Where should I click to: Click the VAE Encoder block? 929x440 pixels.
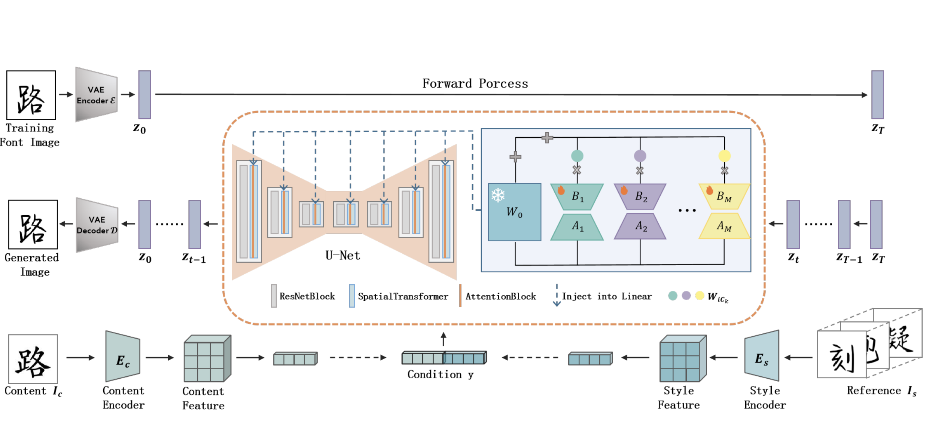tap(96, 95)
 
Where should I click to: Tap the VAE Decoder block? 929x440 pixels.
tap(97, 225)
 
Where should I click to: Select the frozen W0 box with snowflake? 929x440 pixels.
tap(514, 212)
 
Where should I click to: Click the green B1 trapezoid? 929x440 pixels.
tap(577, 196)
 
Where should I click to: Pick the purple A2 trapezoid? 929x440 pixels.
tap(640, 226)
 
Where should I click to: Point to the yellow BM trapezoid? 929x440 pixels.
tap(724, 196)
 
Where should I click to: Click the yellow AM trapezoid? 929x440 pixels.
tap(724, 226)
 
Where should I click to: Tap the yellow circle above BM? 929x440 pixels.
tap(724, 156)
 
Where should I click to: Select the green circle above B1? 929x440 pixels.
tap(577, 156)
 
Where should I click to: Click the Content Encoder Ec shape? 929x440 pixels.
tap(122, 357)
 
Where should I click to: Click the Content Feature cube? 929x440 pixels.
tap(207, 358)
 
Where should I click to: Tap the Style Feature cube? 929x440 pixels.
tap(682, 358)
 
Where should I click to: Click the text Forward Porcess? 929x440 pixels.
tap(475, 83)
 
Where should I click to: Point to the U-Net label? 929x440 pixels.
tap(342, 256)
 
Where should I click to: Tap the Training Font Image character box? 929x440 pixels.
tap(31, 95)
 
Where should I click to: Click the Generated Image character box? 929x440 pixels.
tap(33, 224)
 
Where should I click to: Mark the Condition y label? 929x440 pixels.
tap(440, 375)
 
